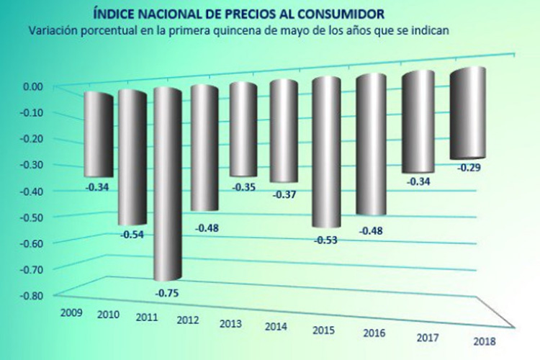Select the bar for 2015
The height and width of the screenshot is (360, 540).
[326, 151]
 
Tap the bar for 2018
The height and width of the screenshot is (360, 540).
[468, 114]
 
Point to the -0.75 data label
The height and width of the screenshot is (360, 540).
[167, 292]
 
